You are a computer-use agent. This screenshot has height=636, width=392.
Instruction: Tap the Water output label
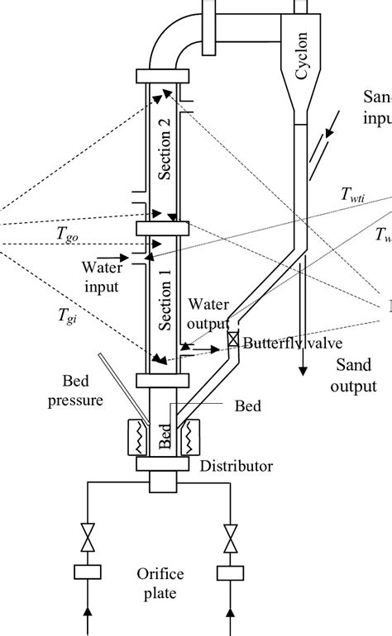click(206, 315)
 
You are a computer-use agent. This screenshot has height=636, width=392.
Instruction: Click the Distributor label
click(236, 467)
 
